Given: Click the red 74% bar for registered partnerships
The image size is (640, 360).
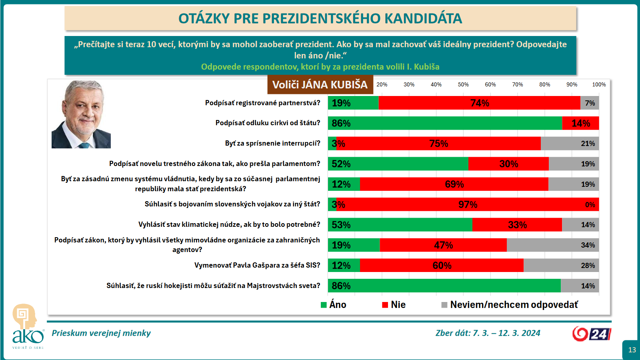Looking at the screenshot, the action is tap(480, 103).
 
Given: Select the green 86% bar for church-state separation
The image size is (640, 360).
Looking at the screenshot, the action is tap(445, 123).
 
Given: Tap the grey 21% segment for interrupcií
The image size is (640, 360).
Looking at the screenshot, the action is tap(570, 144).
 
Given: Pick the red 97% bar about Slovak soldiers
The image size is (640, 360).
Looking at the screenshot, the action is tap(468, 204).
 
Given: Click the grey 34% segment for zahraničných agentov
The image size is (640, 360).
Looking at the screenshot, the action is tap(553, 245).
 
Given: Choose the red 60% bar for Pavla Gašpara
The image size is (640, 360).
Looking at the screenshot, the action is tap(442, 265).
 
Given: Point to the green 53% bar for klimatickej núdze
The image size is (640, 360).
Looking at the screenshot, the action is tap(400, 224).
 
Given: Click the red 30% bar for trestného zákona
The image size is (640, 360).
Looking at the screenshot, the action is tap(508, 164).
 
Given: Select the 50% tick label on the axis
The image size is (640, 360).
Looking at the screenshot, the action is tap(463, 84).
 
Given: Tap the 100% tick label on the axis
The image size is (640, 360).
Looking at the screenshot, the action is tap(599, 84).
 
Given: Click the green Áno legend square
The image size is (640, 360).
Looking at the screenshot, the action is tap(324, 305).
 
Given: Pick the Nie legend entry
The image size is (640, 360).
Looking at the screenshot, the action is tap(394, 304).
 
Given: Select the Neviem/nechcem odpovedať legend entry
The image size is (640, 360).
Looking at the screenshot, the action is tap(510, 304).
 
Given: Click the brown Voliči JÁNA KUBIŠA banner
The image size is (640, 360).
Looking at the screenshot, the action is tap(320, 84).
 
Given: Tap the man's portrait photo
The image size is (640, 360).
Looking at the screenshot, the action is tap(81, 114).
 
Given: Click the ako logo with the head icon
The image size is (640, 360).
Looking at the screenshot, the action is tap(28, 326).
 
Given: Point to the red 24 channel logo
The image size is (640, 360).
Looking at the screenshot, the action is tap(592, 334).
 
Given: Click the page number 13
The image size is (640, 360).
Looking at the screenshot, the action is tap(632, 350).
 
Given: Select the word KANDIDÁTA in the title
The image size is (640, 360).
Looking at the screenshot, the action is tap(423, 18).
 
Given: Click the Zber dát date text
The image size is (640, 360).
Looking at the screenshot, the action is tap(488, 333).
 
